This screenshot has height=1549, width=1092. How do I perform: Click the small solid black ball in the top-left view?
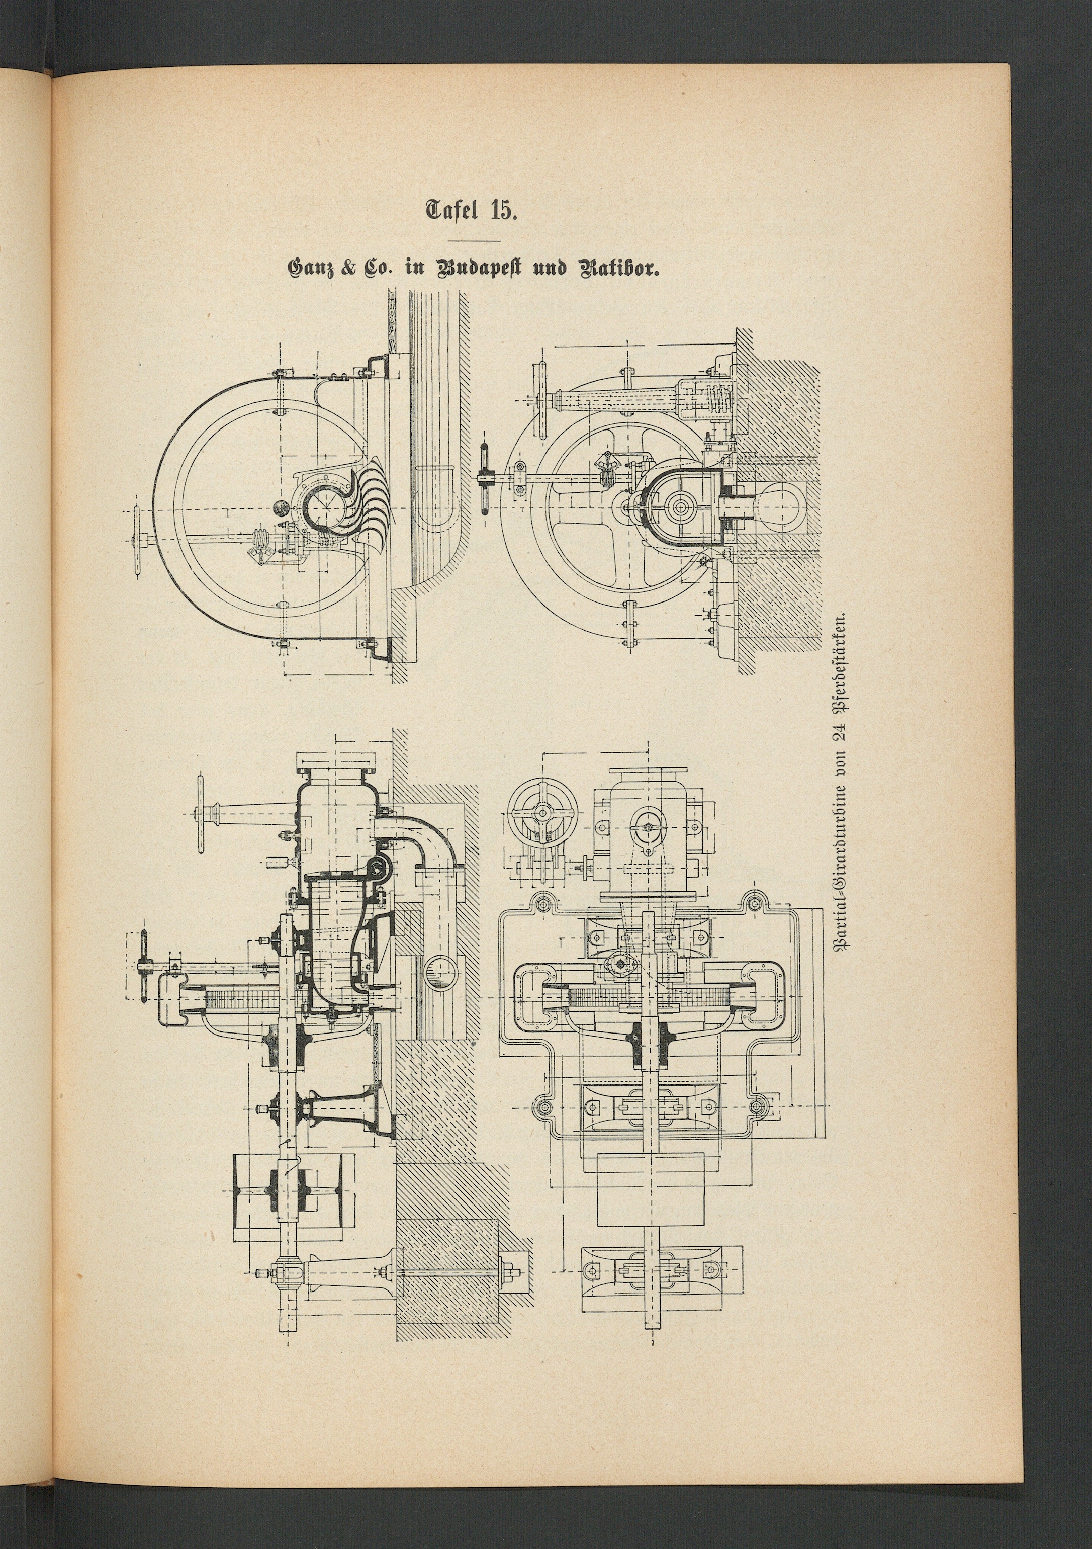[279, 506]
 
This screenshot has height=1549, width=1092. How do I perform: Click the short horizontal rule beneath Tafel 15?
[475, 240]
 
